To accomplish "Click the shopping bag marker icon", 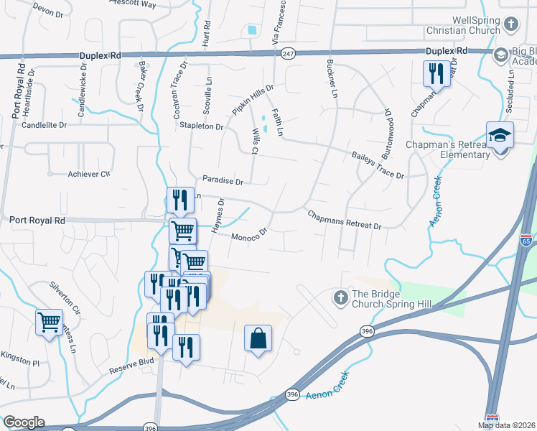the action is [258, 338].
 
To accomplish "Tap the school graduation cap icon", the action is [500, 134].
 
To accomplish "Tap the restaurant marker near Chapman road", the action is [436, 73].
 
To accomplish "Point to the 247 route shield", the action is [289, 54].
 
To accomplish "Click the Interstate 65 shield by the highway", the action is [526, 241].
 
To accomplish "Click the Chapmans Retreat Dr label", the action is [345, 220].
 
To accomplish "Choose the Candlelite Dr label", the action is [44, 124].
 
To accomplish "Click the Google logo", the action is [24, 422].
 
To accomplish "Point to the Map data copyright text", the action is [506, 425].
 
